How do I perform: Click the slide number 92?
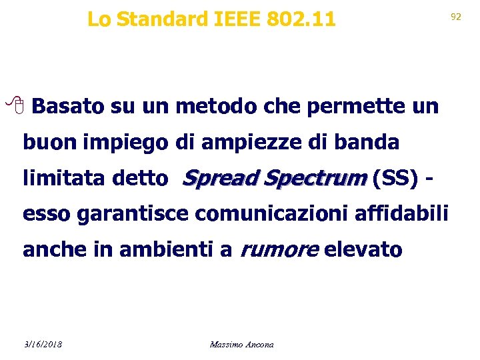456,17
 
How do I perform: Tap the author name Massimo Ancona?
241,344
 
